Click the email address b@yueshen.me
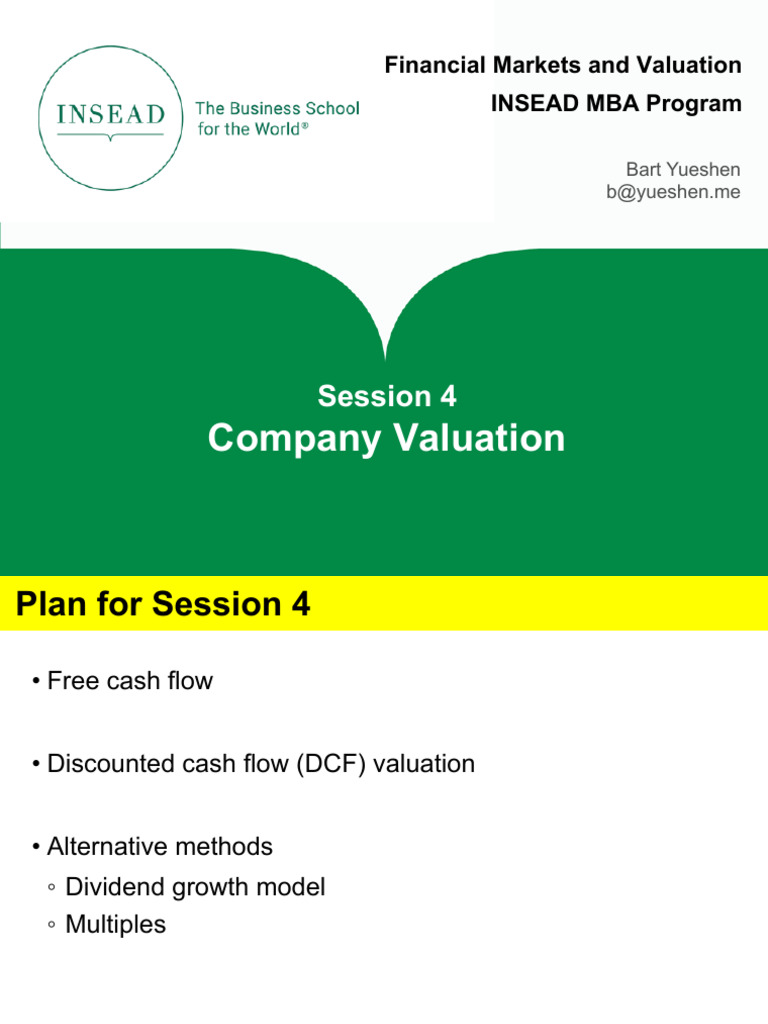pos(673,192)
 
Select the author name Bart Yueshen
pos(683,171)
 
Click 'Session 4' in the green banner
pos(387,397)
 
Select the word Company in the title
pos(287,438)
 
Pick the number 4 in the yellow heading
pos(299,604)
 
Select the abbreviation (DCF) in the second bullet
pos(339,765)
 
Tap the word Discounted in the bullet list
pos(111,765)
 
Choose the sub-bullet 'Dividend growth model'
pos(195,887)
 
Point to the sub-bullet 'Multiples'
pos(115,925)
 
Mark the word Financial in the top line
pos(431,66)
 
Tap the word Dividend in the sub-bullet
pos(109,887)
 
